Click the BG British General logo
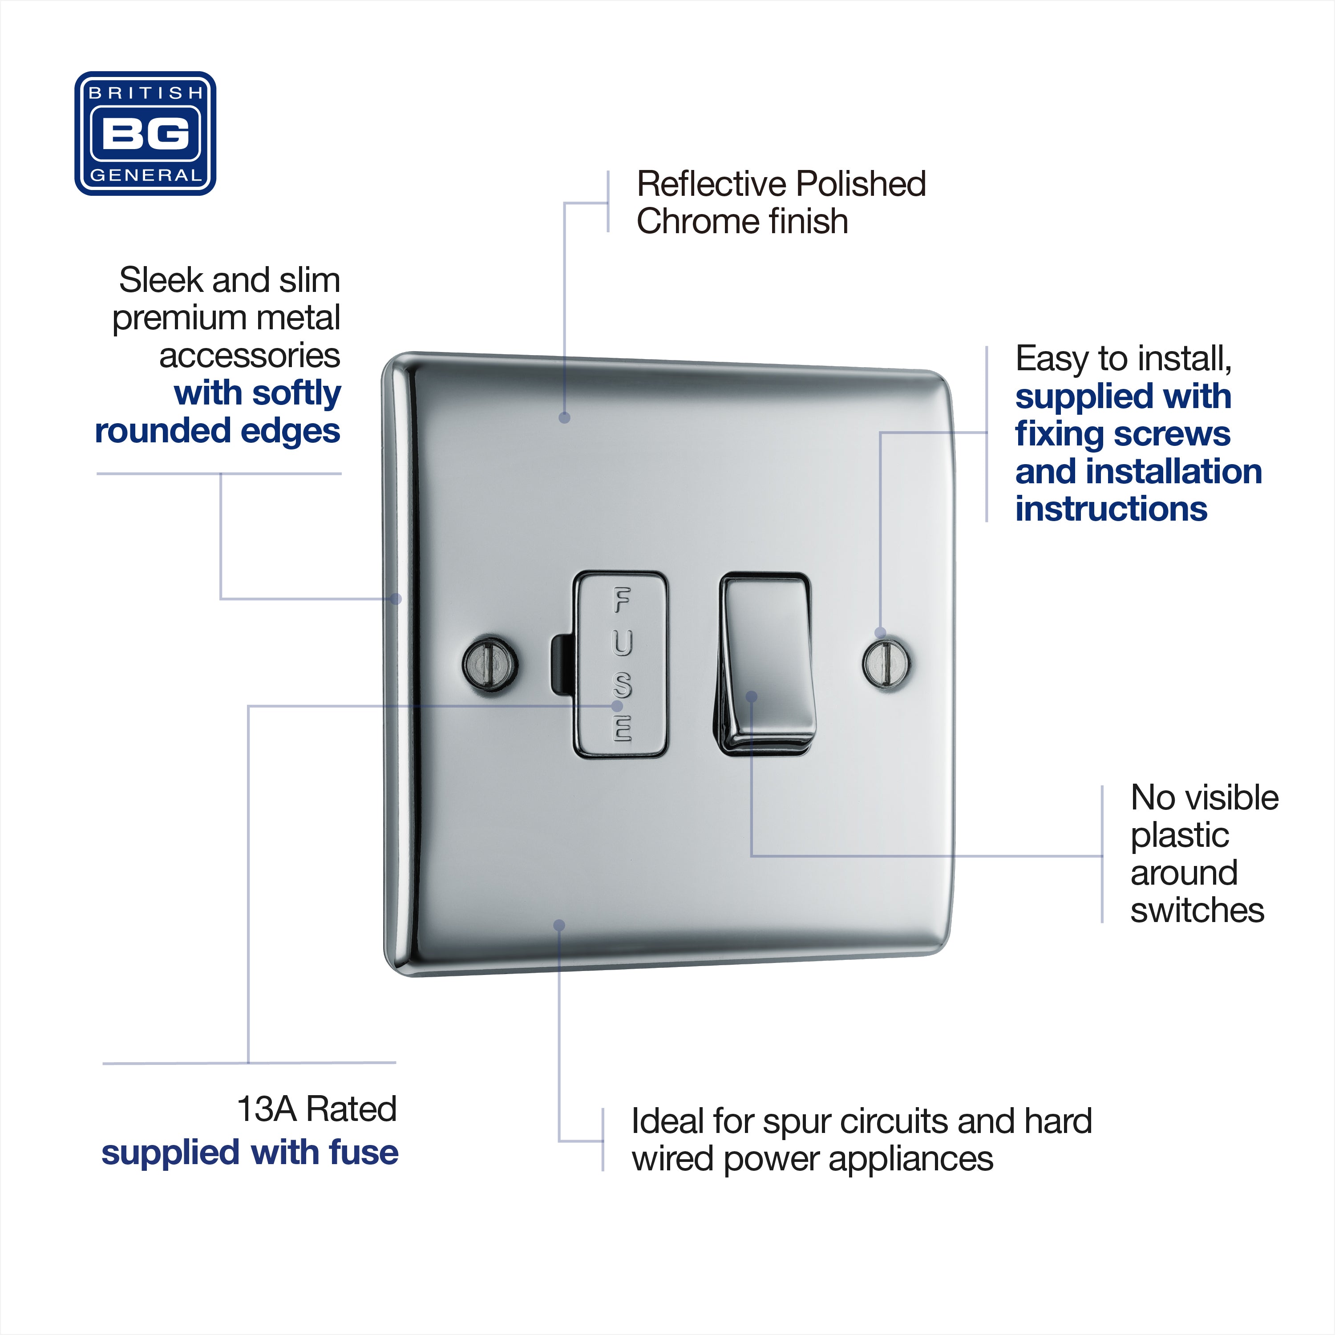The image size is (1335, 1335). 145,133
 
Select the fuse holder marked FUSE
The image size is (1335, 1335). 620,664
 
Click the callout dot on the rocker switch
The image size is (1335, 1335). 752,696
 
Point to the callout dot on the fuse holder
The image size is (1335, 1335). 617,706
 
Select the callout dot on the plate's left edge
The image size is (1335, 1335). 396,599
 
